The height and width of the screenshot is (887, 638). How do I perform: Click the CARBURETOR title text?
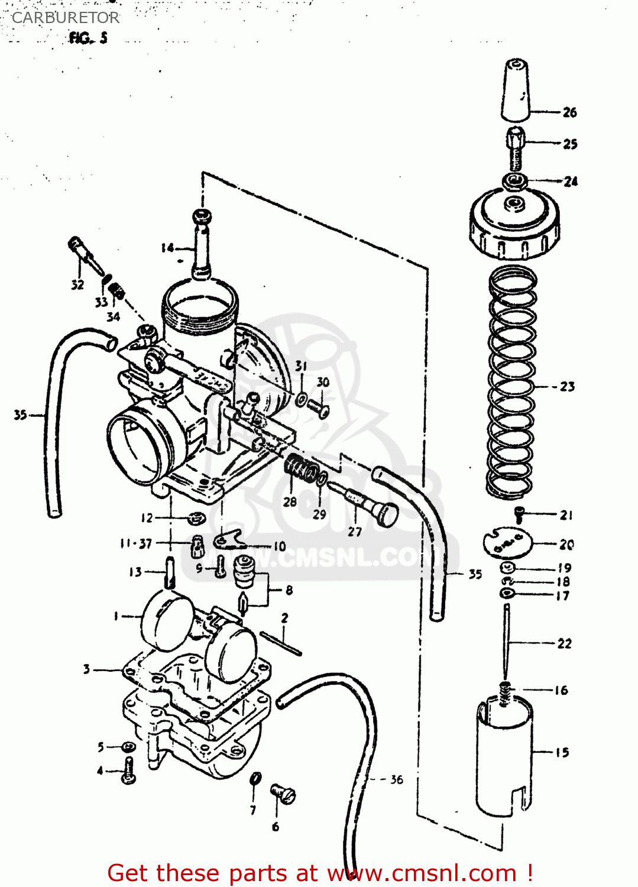[65, 18]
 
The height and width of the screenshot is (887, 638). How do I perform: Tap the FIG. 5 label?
[88, 38]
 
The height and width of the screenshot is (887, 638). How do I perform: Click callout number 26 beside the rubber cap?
[569, 112]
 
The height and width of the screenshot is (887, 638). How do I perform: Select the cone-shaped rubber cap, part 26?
[516, 90]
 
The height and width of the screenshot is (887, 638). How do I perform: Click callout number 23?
[567, 387]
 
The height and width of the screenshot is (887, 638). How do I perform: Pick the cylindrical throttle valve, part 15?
[504, 757]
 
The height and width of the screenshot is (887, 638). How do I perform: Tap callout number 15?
[562, 753]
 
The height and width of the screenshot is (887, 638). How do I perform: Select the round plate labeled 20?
[507, 542]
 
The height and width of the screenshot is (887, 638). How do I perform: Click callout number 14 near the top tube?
[168, 248]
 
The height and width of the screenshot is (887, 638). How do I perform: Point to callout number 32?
[77, 285]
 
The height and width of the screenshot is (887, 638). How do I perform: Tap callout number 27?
[354, 532]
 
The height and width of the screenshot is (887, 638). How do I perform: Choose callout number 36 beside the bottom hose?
[396, 780]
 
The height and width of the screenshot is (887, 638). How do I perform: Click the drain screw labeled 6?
[283, 794]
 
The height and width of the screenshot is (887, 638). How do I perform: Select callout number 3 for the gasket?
[86, 669]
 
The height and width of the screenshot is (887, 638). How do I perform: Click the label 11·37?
[136, 543]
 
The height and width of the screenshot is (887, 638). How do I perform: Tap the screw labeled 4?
[128, 771]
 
